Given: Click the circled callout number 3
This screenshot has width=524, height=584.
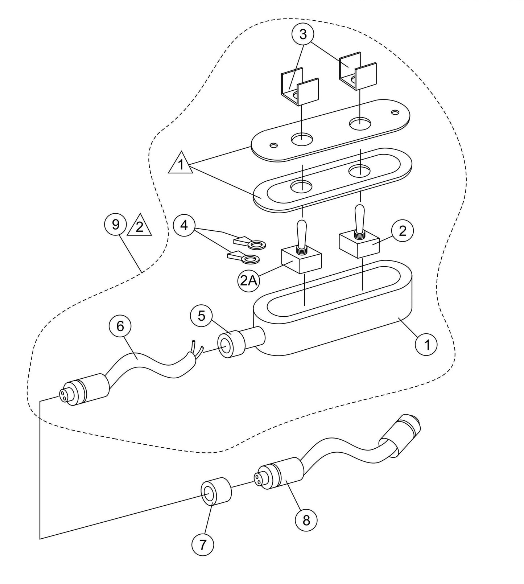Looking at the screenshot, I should [303, 34].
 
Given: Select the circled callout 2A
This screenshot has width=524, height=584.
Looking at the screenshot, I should [248, 281].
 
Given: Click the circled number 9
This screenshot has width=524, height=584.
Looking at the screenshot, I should [116, 225].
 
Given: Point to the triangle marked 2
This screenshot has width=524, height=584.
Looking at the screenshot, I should [139, 227].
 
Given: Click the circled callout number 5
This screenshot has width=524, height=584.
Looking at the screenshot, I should [202, 316].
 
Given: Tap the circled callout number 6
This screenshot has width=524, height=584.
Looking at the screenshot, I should [120, 326].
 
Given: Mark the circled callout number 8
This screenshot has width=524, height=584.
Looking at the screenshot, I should [306, 521].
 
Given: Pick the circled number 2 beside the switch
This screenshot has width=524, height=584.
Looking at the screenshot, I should [403, 231].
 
